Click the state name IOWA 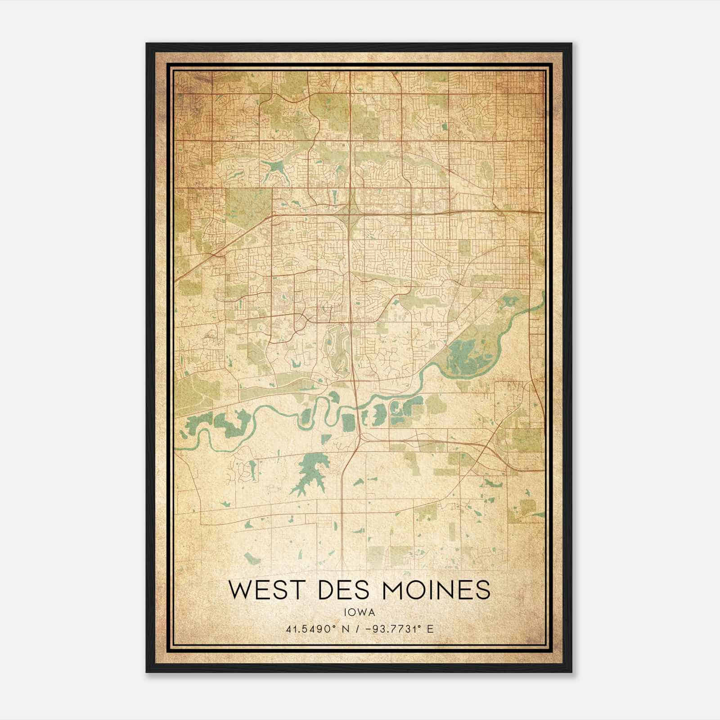359,612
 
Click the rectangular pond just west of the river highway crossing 348,422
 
